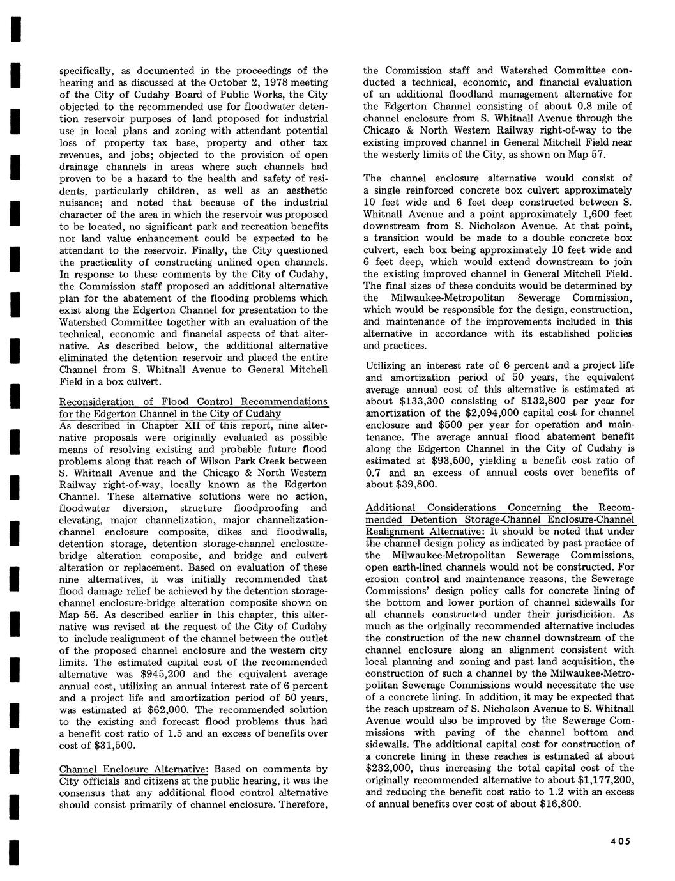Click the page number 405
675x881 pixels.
pyautogui.click(x=619, y=841)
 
